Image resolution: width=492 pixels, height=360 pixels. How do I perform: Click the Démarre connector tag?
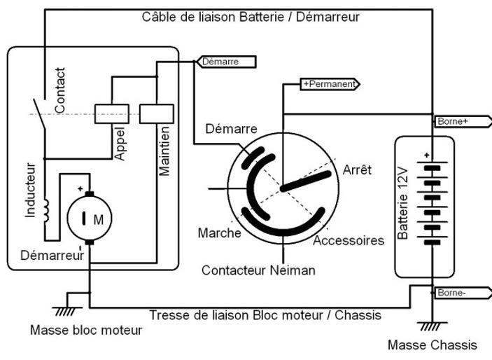pos(226,62)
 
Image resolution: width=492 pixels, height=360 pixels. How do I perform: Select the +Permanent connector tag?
pos(330,84)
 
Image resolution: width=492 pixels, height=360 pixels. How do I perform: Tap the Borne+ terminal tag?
pos(463,121)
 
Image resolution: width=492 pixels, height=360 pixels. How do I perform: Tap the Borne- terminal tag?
pos(463,293)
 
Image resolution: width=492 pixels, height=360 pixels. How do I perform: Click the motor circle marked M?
pos(90,219)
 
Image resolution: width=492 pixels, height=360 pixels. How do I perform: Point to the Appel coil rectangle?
pos(112,113)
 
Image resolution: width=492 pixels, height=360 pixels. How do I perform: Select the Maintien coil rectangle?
pos(157,113)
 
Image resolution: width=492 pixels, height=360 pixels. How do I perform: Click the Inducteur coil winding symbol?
pos(46,211)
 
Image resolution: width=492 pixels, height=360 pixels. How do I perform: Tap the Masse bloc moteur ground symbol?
pos(66,310)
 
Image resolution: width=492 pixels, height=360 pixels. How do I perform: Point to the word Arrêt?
pos(357,170)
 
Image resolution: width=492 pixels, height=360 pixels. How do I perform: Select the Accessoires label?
pos(349,240)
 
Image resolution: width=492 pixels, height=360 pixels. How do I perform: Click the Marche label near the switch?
pos(219,233)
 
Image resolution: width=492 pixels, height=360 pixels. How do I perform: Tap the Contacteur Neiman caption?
pos(258,270)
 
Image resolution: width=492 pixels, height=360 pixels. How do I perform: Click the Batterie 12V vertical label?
pos(402,204)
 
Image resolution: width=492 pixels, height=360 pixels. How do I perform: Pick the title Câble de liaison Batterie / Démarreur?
pos(251,17)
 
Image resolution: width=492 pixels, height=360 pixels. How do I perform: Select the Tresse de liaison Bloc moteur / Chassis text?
pos(265,315)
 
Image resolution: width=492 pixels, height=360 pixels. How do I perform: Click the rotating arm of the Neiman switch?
pos(306,181)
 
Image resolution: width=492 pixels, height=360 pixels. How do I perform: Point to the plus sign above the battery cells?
pos(426,155)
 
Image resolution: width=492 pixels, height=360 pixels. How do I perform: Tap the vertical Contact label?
pos(59,90)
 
